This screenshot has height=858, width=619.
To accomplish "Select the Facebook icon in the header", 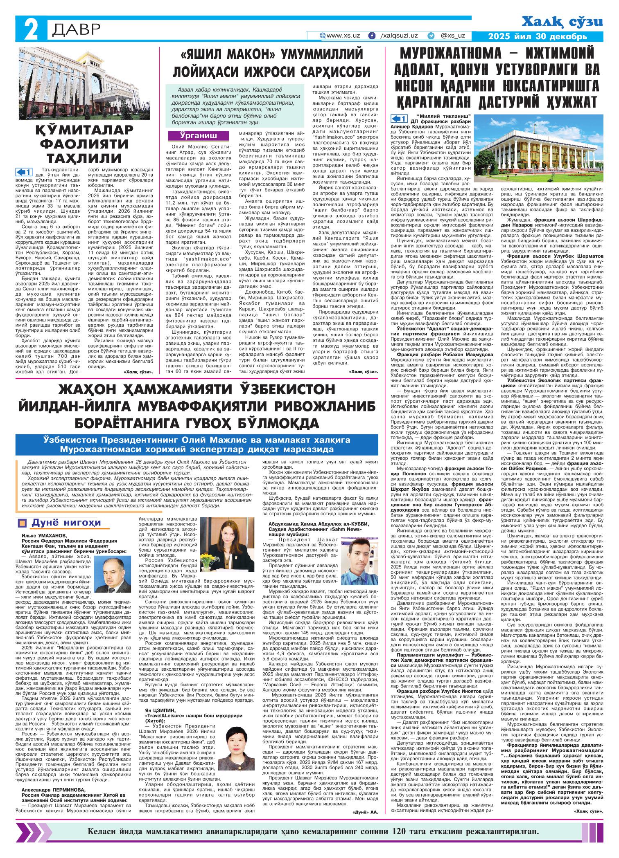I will point(372,36).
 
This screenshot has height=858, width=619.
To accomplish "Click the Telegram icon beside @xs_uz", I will point(431,36).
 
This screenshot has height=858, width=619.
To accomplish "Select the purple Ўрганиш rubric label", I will point(198,136).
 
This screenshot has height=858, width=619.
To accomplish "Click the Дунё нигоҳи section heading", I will point(66,523).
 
